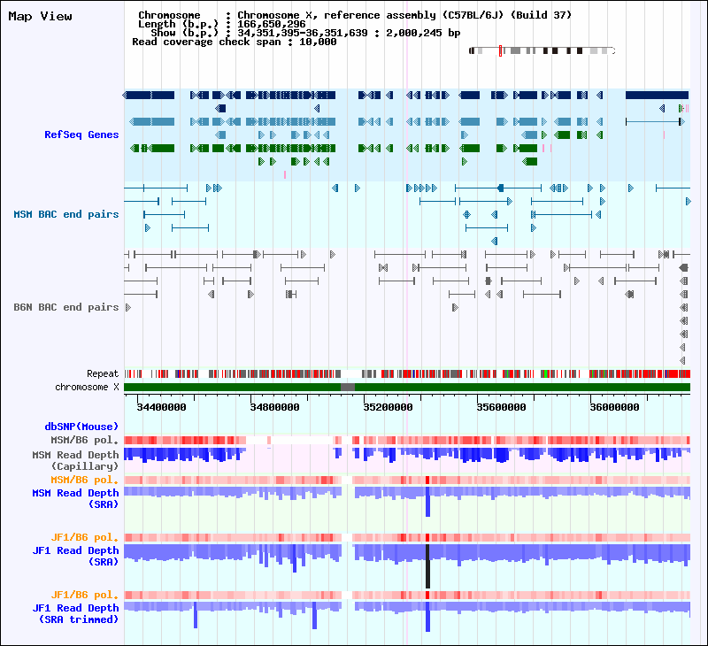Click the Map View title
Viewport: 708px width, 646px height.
40,16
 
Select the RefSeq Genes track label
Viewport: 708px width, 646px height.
81,135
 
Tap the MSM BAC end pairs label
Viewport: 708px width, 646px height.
66,214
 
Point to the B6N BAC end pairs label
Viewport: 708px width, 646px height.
66,307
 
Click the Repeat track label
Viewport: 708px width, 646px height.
103,373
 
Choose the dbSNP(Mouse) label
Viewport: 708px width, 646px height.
81,427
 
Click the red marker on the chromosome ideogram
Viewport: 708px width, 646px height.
500,50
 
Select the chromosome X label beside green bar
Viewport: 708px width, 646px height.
87,387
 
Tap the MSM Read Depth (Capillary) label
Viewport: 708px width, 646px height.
75,460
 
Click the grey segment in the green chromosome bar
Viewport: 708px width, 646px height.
348,387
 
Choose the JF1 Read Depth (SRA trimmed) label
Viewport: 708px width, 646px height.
75,613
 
